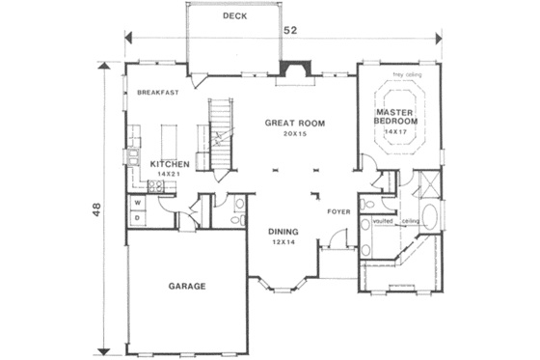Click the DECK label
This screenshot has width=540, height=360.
[x=233, y=16]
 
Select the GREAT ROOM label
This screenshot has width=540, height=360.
[x=294, y=124]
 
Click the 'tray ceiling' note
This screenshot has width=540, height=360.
[x=405, y=71]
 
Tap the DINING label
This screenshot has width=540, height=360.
[x=283, y=232]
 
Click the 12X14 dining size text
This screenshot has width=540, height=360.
[x=283, y=242]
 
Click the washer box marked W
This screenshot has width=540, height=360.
[x=137, y=204]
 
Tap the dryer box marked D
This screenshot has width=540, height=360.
[x=137, y=218]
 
